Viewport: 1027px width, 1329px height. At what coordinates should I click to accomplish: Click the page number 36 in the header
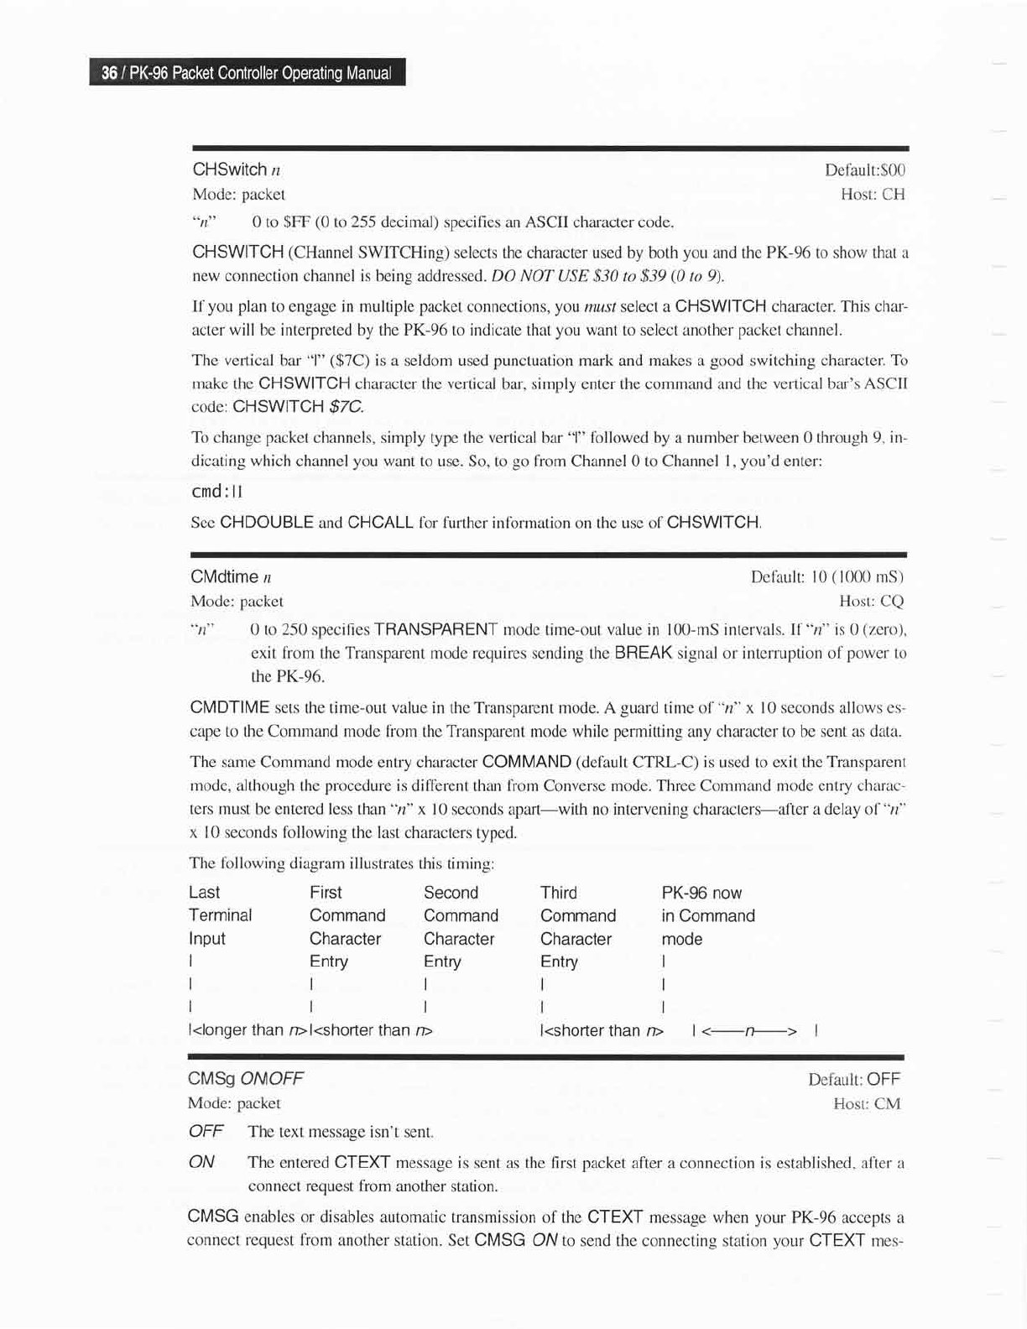[108, 73]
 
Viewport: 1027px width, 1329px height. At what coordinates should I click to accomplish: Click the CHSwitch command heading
[230, 169]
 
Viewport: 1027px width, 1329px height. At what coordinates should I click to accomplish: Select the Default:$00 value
[864, 170]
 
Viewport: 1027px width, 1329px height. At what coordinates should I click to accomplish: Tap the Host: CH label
[873, 195]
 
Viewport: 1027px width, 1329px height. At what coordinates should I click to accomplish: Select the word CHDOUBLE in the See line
[266, 522]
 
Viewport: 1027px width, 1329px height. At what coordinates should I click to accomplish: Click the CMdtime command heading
[225, 576]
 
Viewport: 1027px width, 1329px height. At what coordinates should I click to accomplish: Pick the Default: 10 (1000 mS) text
[826, 577]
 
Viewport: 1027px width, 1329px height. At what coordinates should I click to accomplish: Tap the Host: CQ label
[871, 601]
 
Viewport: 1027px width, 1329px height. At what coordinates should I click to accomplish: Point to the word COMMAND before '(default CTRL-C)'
[528, 763]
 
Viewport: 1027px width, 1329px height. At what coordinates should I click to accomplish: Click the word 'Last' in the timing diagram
[205, 893]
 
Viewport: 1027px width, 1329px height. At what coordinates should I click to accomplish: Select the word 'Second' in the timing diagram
[451, 893]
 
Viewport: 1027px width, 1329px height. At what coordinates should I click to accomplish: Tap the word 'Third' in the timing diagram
[559, 893]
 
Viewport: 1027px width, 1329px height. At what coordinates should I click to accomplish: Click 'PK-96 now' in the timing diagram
[701, 893]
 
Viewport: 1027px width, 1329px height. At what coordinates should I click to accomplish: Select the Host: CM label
[867, 1103]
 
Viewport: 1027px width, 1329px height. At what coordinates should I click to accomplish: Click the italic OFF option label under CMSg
[206, 1131]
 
